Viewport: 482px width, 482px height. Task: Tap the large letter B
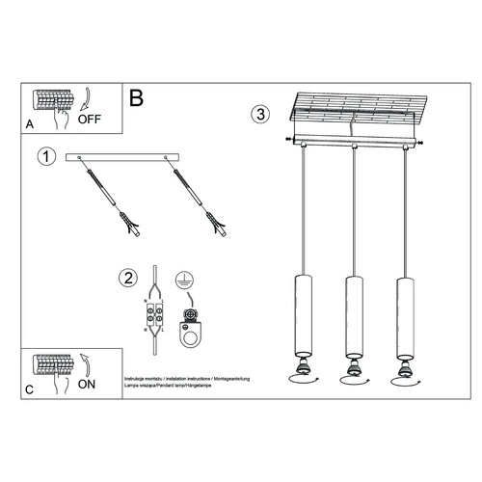(x=137, y=97)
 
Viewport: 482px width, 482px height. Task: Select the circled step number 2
(x=127, y=279)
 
